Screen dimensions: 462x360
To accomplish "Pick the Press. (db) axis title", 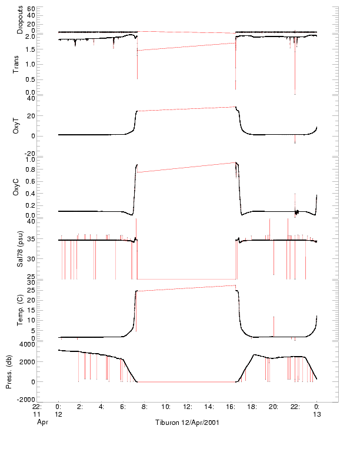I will coord(9,372).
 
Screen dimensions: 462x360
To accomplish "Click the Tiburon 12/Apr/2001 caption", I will coord(187,423).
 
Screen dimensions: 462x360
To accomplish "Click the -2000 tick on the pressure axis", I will coord(26,400).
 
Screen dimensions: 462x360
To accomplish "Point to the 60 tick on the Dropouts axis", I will coord(31,9).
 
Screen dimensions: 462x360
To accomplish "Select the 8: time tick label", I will coord(144,407).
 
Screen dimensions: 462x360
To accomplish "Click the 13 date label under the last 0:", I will coord(316,414).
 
